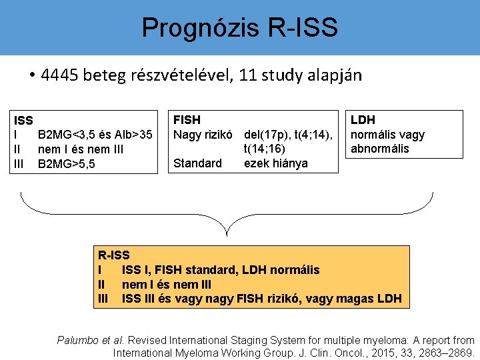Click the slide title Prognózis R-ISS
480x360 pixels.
[239, 28]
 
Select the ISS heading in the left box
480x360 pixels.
[24, 121]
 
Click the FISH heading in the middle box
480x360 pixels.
[187, 120]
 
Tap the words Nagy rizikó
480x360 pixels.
[205, 134]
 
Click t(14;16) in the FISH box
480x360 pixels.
[265, 149]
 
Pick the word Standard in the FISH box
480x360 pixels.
[197, 163]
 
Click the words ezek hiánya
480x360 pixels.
[276, 163]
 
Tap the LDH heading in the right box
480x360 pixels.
[363, 120]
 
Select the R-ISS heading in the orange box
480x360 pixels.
[114, 255]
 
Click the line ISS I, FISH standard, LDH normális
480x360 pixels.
[220, 270]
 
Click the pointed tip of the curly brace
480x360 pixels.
[227, 235]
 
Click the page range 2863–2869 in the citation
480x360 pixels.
[442, 353]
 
